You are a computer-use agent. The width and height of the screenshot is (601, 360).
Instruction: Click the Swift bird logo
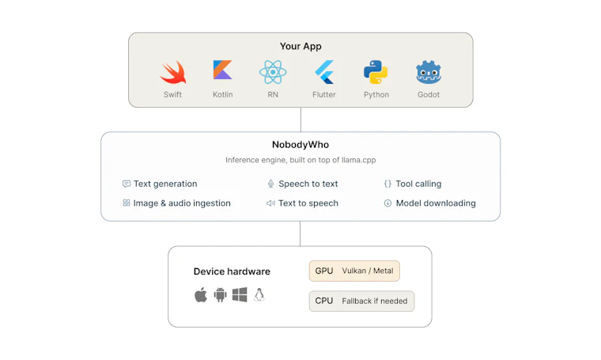point(173,73)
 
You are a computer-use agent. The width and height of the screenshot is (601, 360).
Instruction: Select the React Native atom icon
point(273,72)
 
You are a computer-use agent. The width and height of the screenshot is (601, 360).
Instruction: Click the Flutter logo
point(324,72)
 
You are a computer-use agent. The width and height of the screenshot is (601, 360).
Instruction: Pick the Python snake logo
point(376,72)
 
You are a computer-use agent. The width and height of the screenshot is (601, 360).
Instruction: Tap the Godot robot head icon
point(429,72)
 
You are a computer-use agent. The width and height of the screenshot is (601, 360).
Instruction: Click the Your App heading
point(300,47)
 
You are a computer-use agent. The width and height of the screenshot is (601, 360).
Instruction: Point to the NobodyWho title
point(300,145)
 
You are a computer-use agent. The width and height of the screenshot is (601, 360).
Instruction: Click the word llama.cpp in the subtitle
point(359,160)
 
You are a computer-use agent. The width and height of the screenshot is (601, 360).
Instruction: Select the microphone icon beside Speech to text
point(270,184)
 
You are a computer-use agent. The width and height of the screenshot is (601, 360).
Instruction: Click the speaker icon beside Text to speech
point(270,203)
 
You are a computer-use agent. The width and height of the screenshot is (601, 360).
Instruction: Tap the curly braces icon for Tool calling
point(387,184)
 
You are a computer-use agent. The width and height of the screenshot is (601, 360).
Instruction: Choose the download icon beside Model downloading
point(387,203)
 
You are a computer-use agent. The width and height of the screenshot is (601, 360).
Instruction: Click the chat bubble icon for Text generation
point(126,184)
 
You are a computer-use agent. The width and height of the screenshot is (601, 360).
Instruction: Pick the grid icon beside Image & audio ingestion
point(126,203)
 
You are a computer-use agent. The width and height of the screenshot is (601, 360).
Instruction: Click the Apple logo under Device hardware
point(201,295)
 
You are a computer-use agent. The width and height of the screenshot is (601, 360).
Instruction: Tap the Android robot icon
point(220,295)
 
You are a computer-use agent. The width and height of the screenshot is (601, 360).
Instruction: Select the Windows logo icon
point(240,295)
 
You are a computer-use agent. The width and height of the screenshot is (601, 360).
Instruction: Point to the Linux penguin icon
point(259,295)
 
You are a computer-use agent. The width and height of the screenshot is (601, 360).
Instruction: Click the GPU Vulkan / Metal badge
point(354,271)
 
